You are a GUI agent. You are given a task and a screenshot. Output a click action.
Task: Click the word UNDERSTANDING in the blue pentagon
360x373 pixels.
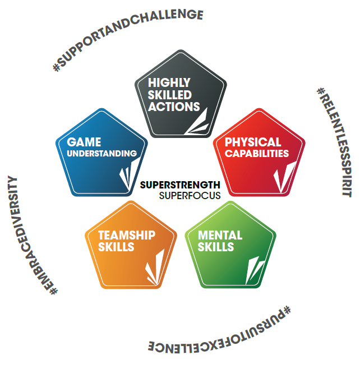(101, 153)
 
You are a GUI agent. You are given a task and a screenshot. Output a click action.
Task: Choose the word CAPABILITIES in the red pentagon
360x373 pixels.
(257, 153)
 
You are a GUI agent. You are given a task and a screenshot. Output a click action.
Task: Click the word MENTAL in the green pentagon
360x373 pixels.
(220, 234)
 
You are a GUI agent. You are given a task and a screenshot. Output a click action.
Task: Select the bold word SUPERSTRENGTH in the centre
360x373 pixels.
(180, 185)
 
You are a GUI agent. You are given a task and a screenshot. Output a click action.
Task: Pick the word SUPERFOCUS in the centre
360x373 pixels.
(190, 196)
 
